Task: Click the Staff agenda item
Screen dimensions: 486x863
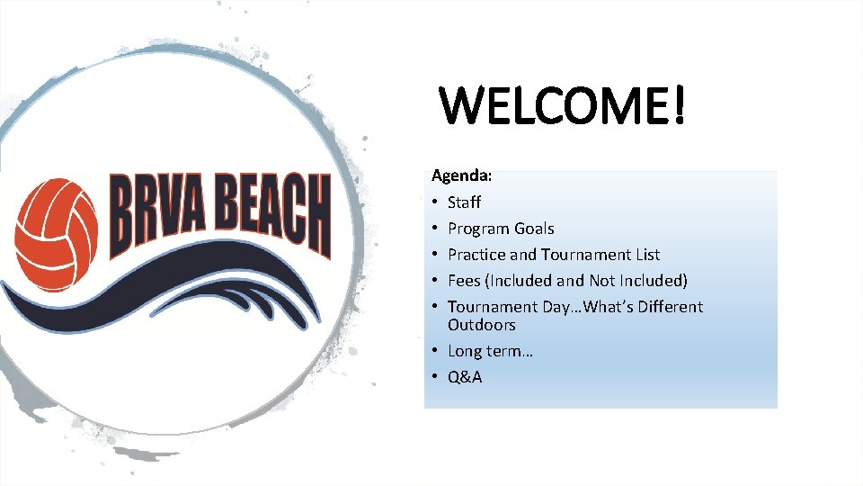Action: tap(464, 202)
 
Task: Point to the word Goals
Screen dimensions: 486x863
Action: tap(535, 229)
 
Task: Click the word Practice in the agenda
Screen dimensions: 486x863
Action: tap(476, 255)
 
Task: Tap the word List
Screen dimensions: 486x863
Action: tap(645, 255)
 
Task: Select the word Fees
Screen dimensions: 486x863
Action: tap(464, 281)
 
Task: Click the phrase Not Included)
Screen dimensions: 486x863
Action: tap(638, 281)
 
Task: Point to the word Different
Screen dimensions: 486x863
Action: tap(669, 307)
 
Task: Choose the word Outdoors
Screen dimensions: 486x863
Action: tap(482, 325)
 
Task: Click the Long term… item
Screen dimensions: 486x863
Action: tap(490, 351)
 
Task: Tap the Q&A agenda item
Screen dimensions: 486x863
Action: tap(465, 377)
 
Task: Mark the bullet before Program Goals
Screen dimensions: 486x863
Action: tap(434, 229)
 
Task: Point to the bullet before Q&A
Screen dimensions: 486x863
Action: tap(434, 377)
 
